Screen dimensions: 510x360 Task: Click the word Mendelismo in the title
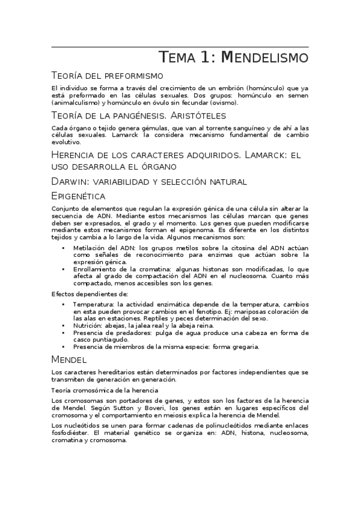pos(265,58)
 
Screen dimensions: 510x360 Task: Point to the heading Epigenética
pos(79,196)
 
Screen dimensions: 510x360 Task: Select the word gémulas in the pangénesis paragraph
pos(154,128)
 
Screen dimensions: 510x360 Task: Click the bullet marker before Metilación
pos(64,247)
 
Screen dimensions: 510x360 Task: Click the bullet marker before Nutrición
pos(64,325)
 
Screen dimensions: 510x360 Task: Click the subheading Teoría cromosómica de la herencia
pos(105,390)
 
